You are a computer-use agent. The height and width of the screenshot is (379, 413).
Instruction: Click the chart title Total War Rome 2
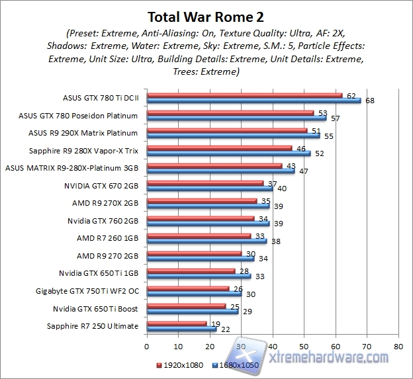[206, 16]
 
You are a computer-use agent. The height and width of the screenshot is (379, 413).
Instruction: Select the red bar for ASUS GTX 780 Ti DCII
[244, 96]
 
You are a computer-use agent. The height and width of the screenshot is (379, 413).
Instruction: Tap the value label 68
[369, 101]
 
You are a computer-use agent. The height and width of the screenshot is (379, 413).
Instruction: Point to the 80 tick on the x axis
[398, 345]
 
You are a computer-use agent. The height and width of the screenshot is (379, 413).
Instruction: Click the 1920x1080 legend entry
[180, 364]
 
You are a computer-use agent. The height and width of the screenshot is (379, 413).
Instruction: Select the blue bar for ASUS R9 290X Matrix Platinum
[233, 136]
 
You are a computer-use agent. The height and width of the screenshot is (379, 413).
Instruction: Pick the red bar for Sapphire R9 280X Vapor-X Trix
[219, 148]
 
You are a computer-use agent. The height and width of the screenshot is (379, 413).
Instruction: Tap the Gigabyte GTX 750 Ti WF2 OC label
[87, 290]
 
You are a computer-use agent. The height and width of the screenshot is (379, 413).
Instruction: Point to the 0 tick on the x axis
[146, 345]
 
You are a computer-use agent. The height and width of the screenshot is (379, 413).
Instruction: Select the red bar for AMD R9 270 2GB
[194, 253]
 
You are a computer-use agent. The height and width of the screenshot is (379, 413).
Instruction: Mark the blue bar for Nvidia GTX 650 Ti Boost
[192, 311]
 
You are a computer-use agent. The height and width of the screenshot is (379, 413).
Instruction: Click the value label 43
[289, 165]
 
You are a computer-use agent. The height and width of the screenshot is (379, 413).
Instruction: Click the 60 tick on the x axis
[335, 345]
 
